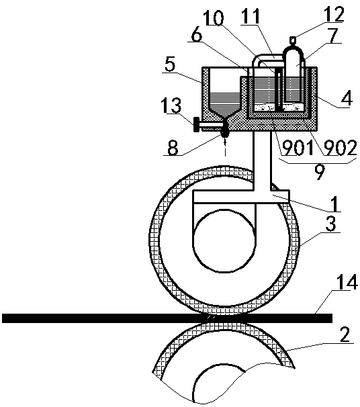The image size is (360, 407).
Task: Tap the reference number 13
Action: pyautogui.click(x=170, y=105)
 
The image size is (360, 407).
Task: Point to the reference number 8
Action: pyautogui.click(x=173, y=148)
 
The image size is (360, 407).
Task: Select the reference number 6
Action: pyautogui.click(x=197, y=36)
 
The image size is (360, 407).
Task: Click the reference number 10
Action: pyautogui.click(x=213, y=18)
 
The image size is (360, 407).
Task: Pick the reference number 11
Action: pyautogui.click(x=250, y=16)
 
